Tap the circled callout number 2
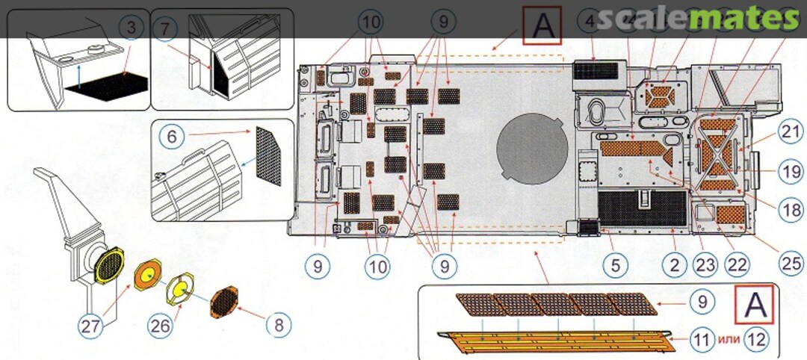tap(675, 263)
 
